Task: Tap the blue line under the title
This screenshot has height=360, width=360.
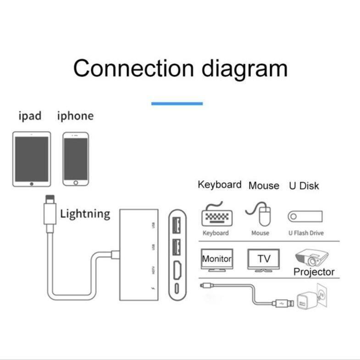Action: tap(177, 104)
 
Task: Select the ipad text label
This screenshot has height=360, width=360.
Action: tap(30, 116)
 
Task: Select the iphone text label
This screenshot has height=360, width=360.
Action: tap(75, 116)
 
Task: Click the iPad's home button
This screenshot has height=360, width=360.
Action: tap(31, 183)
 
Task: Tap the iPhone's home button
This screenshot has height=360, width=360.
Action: tap(76, 182)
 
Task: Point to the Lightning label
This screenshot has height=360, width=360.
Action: tap(85, 213)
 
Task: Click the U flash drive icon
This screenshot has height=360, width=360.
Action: tap(305, 216)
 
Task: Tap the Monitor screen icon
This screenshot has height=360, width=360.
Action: tap(217, 260)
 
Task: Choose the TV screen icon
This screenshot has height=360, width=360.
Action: tap(263, 260)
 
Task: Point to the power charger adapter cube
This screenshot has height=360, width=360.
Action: tap(305, 301)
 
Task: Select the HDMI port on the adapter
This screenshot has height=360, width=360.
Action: tap(176, 271)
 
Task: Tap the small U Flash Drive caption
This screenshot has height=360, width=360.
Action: tap(306, 233)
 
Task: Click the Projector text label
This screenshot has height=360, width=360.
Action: tap(314, 271)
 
